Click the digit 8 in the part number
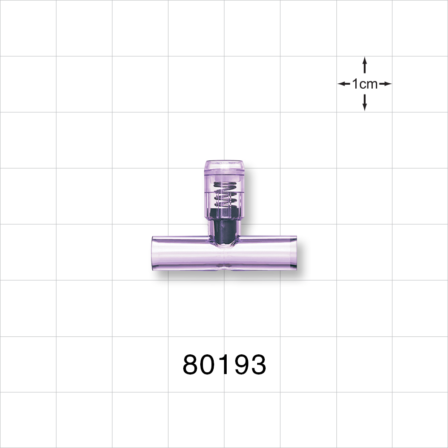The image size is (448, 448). (192, 365)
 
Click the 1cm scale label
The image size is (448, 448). (365, 84)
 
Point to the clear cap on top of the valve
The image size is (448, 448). (224, 168)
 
